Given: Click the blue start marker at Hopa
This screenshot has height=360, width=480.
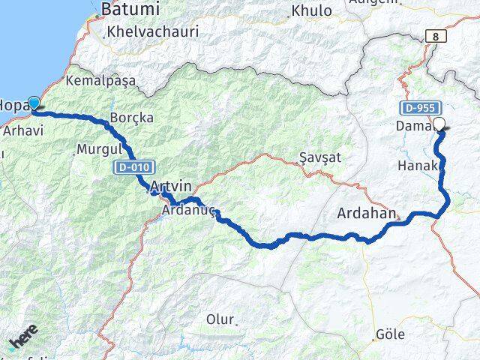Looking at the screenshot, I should point(33,104).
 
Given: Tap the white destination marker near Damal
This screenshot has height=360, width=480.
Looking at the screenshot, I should point(439,125).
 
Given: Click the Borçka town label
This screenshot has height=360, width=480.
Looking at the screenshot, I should point(131,118).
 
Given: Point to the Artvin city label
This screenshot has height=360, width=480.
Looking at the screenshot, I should point(171,186).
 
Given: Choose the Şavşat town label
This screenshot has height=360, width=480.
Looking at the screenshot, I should point(320,158).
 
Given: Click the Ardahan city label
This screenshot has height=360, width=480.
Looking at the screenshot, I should point(366,213).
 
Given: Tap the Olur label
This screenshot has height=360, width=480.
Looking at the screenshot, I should point(220,319).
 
